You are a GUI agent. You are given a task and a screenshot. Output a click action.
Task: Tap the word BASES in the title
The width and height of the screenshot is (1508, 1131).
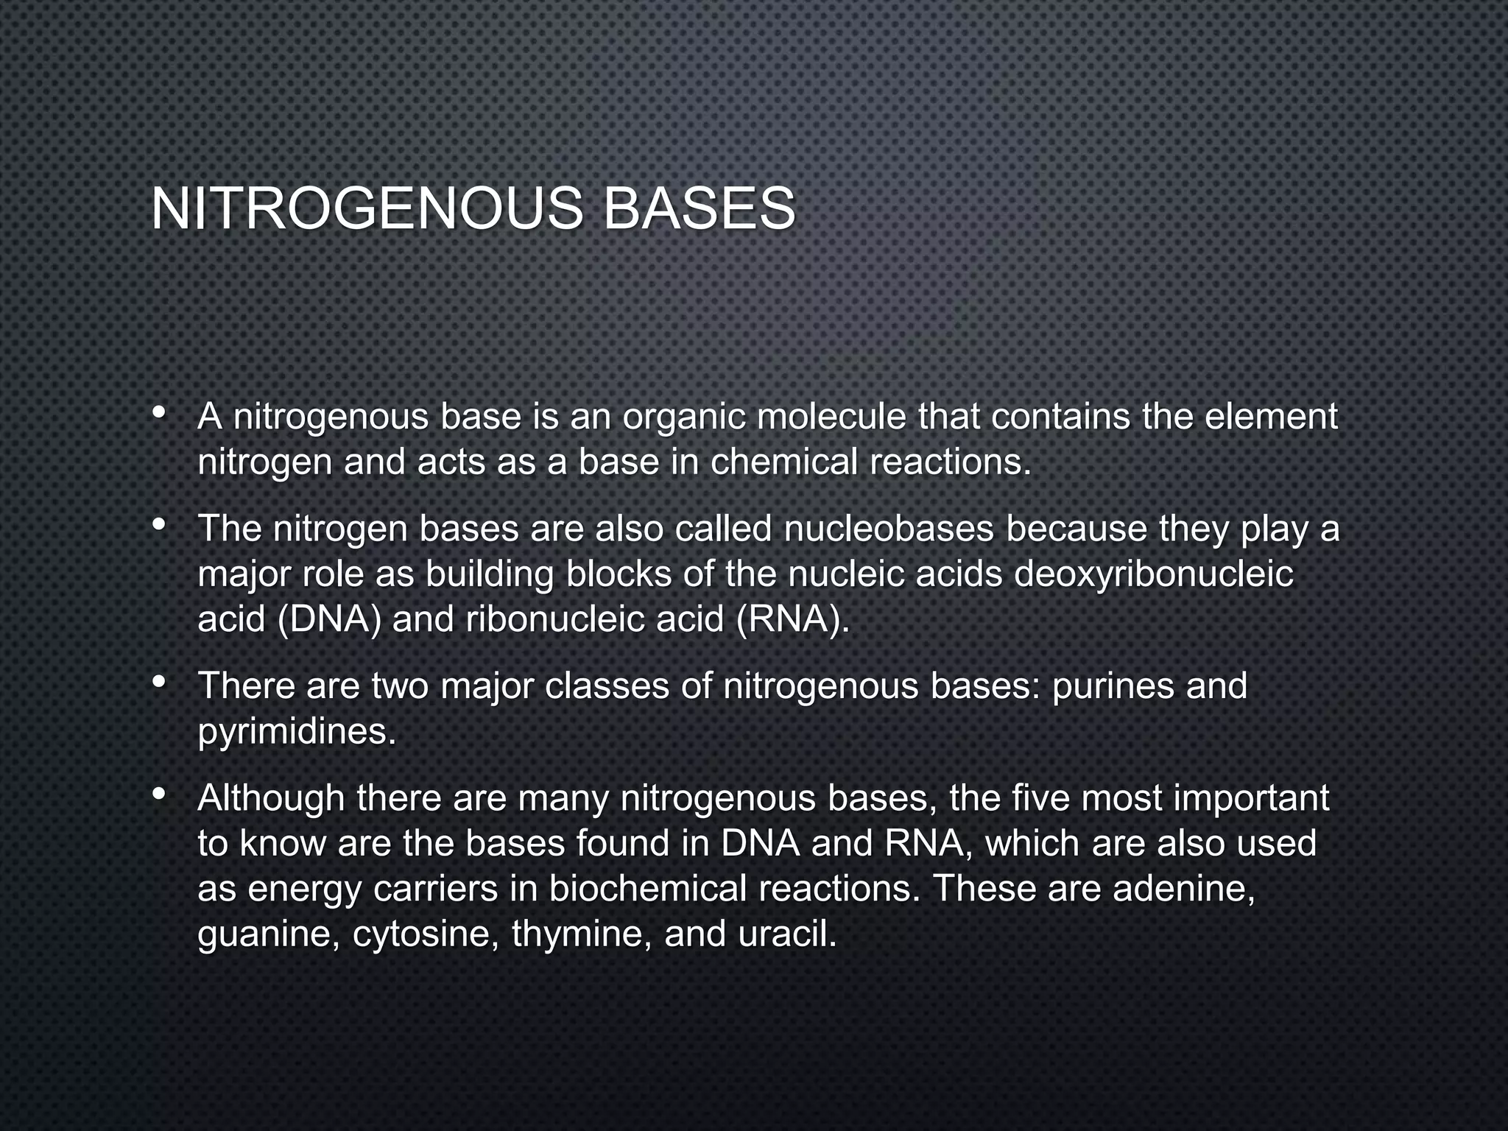699,209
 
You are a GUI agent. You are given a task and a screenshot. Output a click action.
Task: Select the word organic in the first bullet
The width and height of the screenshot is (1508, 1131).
683,417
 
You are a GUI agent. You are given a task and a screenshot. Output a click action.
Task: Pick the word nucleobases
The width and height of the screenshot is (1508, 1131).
889,529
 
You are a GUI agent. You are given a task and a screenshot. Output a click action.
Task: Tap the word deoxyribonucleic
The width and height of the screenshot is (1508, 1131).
1153,575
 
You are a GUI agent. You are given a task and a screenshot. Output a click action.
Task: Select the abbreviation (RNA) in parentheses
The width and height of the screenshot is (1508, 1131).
793,620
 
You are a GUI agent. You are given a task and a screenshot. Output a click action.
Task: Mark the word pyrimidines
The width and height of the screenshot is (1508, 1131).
297,732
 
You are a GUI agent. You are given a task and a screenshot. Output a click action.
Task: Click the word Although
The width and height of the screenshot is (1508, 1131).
271,798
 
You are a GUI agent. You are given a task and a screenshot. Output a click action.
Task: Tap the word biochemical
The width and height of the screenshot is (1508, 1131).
648,889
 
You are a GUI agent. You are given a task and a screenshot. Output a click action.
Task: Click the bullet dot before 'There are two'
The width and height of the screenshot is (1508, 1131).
158,683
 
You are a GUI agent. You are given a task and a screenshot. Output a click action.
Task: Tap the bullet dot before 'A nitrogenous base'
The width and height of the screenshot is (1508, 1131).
158,413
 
